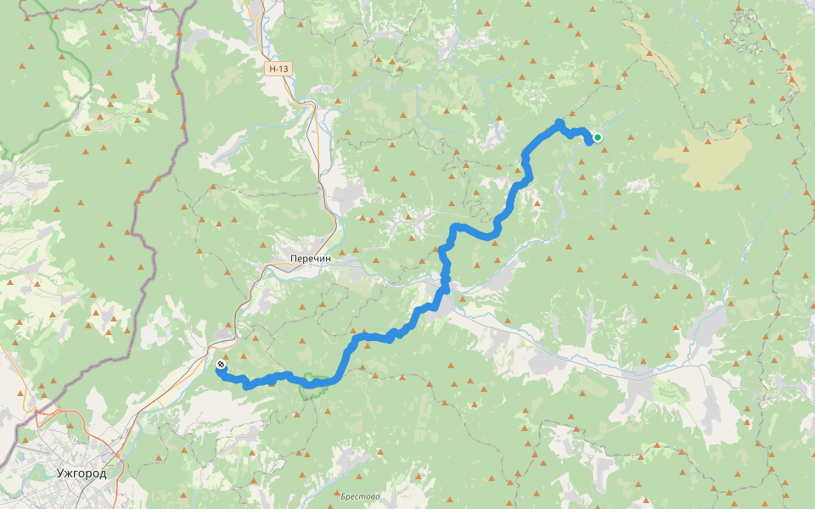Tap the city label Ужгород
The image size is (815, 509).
click(81, 473)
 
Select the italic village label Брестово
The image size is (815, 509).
click(360, 496)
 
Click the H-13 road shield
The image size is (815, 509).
click(278, 69)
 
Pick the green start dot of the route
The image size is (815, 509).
click(598, 137)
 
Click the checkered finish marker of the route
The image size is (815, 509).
click(221, 365)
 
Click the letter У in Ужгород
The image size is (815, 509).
click(59, 473)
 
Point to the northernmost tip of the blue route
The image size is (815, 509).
click(559, 122)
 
